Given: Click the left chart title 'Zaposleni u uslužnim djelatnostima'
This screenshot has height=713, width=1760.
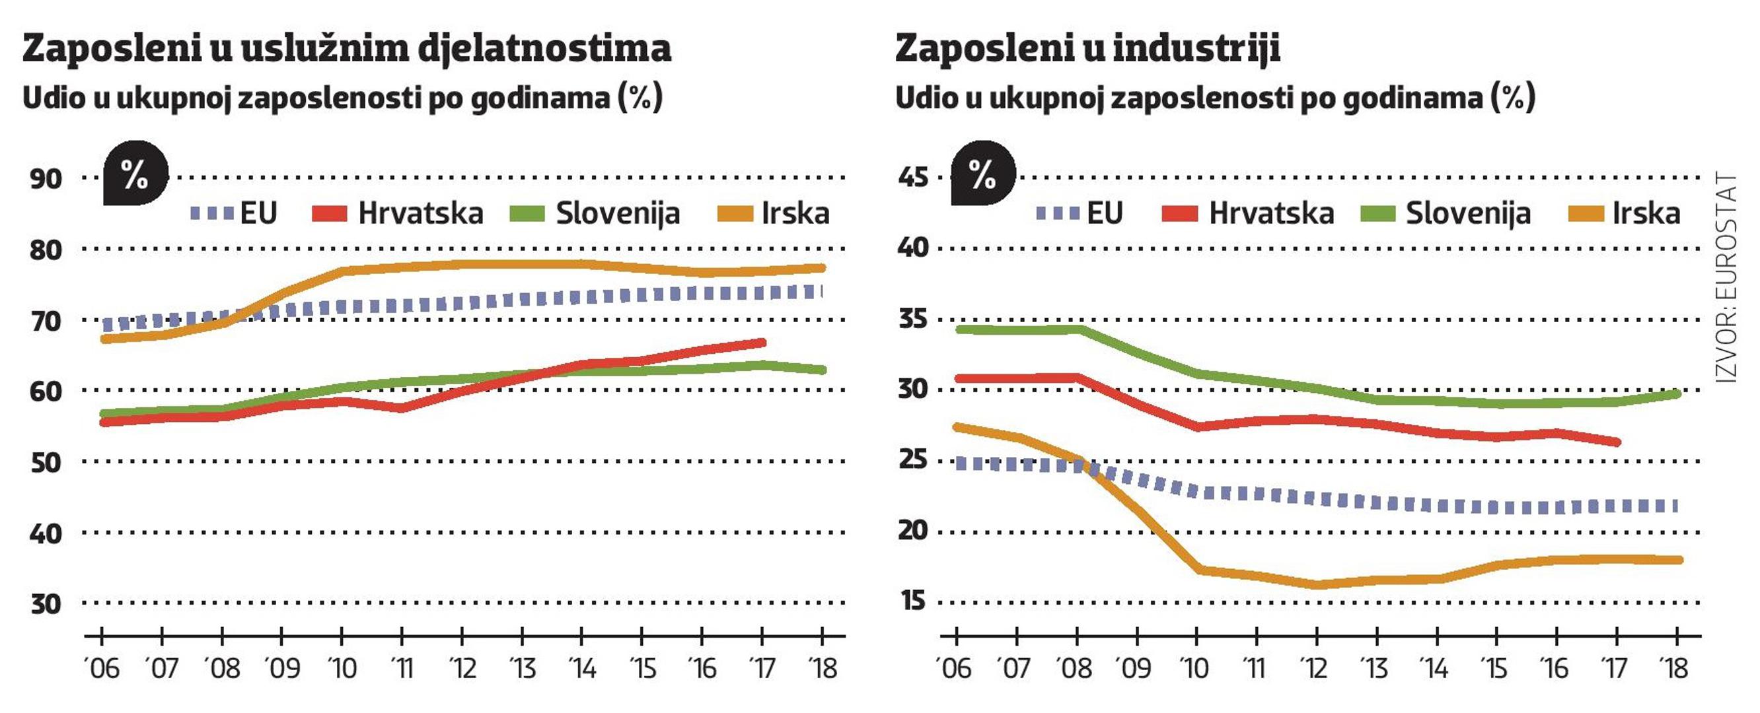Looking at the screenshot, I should click(346, 49).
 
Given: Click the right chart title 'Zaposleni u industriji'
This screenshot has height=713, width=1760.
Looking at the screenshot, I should click(1087, 49).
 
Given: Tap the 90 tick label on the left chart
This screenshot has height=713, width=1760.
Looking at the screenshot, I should click(46, 180).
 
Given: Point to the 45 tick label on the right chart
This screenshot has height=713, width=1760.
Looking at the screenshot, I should click(913, 178).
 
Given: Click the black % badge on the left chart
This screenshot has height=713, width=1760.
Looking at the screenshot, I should click(135, 174).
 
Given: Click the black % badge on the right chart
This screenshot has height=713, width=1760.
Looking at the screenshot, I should click(982, 174).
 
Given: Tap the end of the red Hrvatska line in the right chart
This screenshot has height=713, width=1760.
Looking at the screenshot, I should click(1617, 442).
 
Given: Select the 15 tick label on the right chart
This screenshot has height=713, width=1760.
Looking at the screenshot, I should click(913, 601).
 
